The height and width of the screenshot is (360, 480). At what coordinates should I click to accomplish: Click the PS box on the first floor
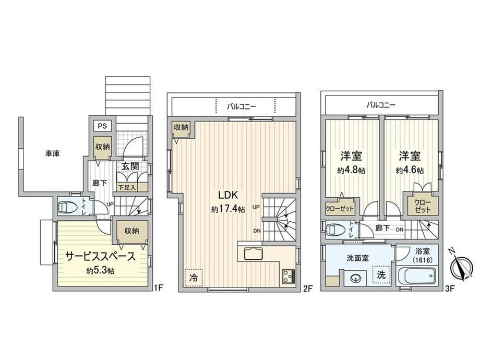[x=102, y=126]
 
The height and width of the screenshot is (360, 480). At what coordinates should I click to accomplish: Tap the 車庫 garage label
[x=53, y=153]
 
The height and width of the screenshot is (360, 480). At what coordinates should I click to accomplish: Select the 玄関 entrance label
[x=130, y=166]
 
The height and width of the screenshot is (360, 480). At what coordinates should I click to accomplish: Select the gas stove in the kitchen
[x=288, y=276]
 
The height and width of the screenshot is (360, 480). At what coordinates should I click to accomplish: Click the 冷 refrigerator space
[x=193, y=278]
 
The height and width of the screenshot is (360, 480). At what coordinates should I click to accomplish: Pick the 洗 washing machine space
[x=381, y=274]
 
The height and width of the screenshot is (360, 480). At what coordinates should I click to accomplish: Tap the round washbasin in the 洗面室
[x=355, y=279]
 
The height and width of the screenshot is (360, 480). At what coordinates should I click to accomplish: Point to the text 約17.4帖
[x=228, y=209]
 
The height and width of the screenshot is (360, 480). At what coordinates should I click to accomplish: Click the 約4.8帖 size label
[x=351, y=170]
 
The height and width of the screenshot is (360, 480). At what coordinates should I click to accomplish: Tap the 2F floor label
[x=308, y=288]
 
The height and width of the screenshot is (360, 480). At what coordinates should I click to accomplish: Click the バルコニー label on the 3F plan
[x=381, y=105]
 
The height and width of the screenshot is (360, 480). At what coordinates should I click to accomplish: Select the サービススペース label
[x=101, y=257]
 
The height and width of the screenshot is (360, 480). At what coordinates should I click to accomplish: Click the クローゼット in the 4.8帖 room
[x=340, y=209]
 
